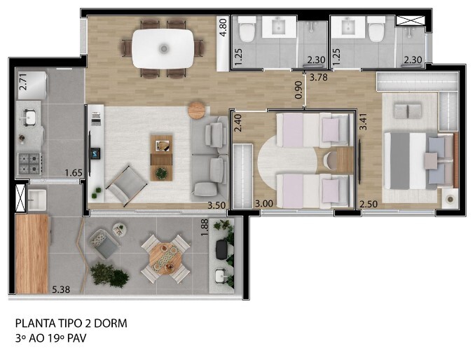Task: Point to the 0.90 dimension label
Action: click(x=299, y=90)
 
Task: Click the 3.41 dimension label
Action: click(x=362, y=123)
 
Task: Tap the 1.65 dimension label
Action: click(x=73, y=172)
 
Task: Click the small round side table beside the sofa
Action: click(x=198, y=110)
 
